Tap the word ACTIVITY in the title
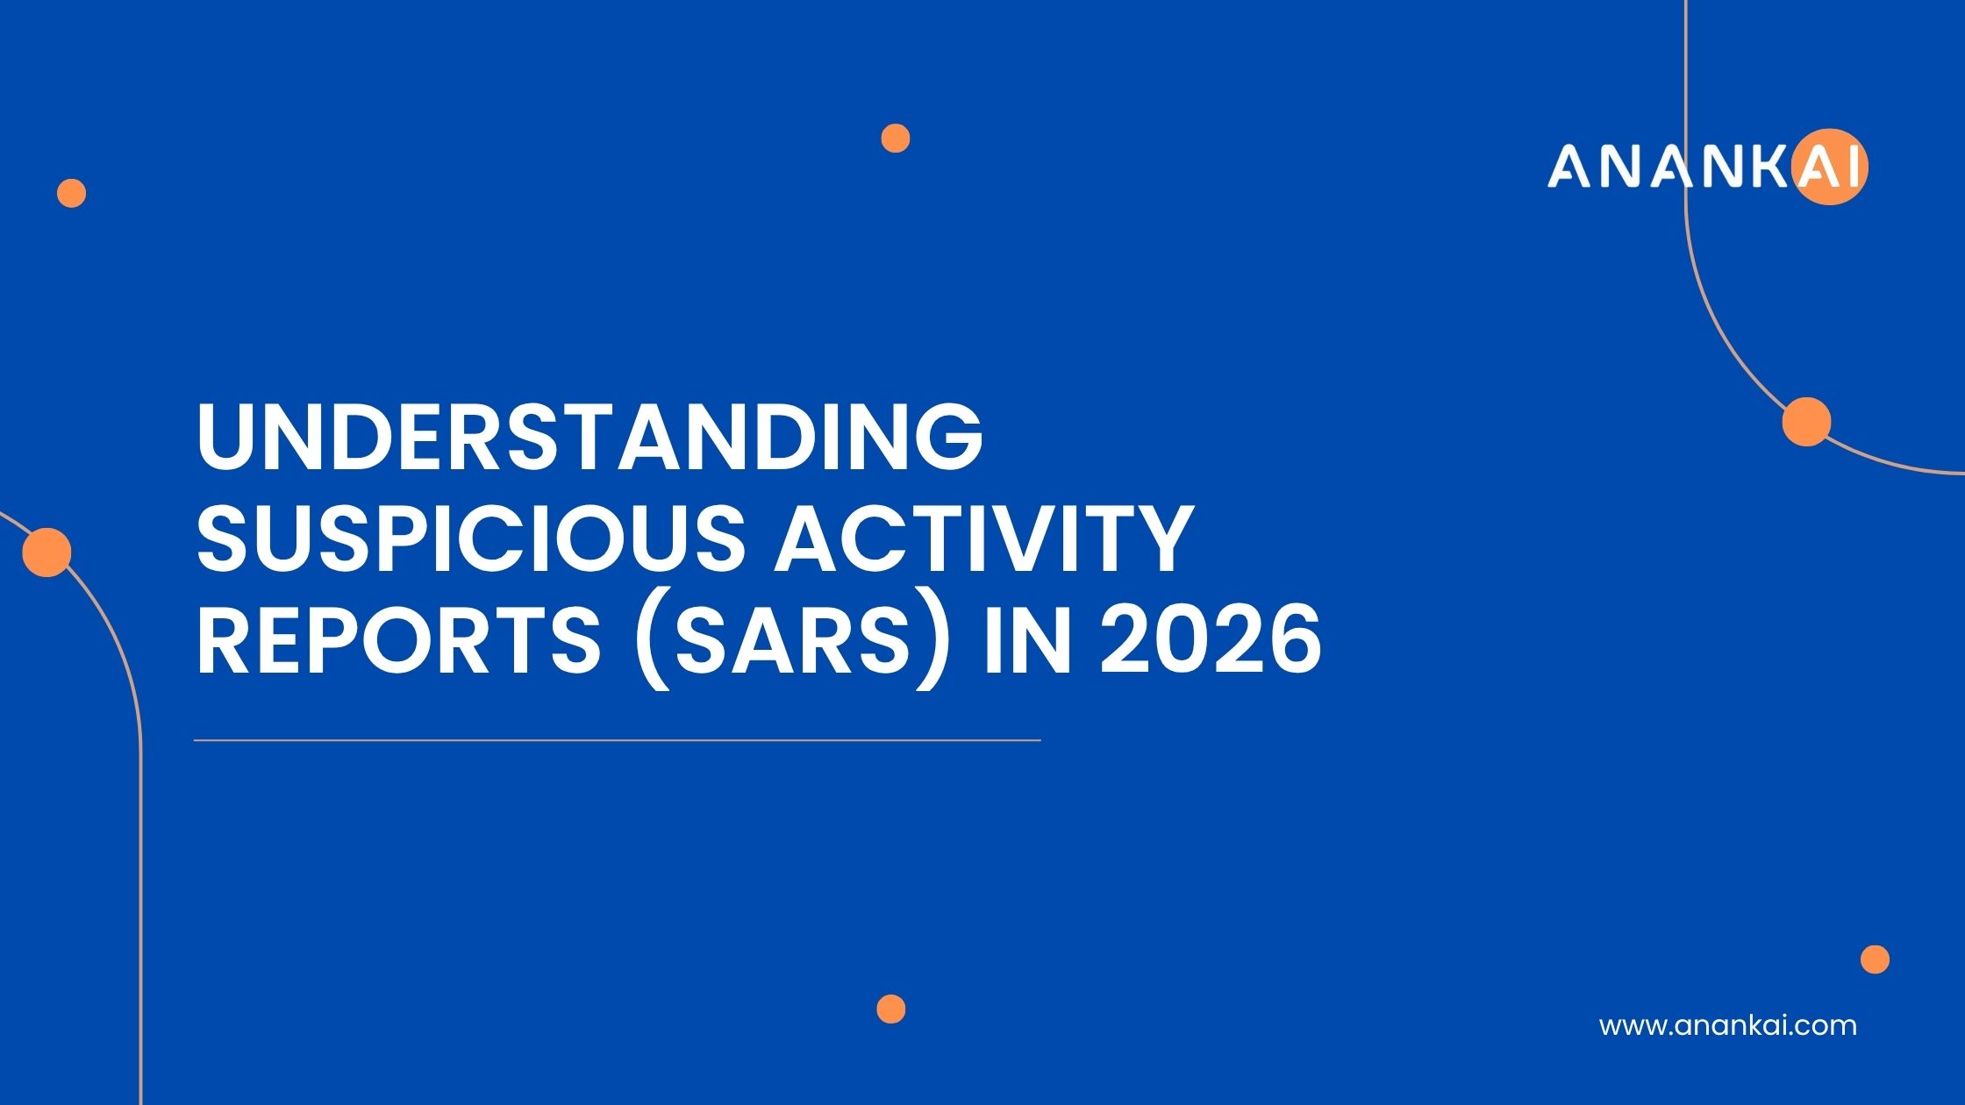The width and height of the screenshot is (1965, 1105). pyautogui.click(x=982, y=538)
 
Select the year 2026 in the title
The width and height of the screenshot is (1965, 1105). pyautogui.click(x=1211, y=641)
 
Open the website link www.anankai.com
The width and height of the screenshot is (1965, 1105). pyautogui.click(x=1727, y=1025)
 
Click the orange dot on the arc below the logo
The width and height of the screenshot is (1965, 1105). pyautogui.click(x=1806, y=422)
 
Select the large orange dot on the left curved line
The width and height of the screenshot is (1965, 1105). pyautogui.click(x=46, y=552)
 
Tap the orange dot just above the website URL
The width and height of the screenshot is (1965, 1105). pyautogui.click(x=1875, y=959)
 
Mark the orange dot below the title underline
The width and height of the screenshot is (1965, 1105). pyautogui.click(x=890, y=1009)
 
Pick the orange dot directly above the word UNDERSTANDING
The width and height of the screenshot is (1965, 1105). pyautogui.click(x=896, y=139)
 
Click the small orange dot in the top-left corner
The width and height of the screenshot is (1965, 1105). pyautogui.click(x=72, y=193)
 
